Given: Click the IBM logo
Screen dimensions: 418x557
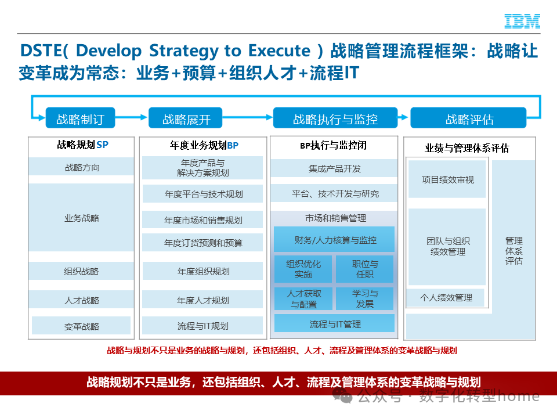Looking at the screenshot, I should pyautogui.click(x=522, y=21).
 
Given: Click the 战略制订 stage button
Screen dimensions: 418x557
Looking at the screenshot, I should pyautogui.click(x=80, y=119).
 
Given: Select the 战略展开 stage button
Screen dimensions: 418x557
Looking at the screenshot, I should pyautogui.click(x=186, y=119).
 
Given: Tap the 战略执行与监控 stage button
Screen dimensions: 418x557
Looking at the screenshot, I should pyautogui.click(x=335, y=119).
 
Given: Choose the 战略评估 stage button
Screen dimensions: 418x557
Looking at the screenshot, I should pyautogui.click(x=469, y=119).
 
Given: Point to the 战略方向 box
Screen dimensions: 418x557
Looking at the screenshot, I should pyautogui.click(x=81, y=167).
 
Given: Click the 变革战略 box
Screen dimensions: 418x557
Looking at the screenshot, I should pyautogui.click(x=81, y=326).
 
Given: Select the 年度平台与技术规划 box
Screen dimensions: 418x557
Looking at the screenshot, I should pyautogui.click(x=202, y=194).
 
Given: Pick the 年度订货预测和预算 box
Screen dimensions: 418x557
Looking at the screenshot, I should pyautogui.click(x=202, y=243).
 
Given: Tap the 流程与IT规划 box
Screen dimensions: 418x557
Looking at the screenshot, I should pyautogui.click(x=202, y=326).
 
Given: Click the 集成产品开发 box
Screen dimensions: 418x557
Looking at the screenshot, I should pyautogui.click(x=334, y=168).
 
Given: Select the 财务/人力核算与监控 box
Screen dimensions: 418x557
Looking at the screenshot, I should pyautogui.click(x=334, y=239).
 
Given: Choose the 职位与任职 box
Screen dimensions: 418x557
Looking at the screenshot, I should pyautogui.click(x=364, y=269).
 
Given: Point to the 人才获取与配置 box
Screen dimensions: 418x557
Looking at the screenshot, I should pyautogui.click(x=303, y=298).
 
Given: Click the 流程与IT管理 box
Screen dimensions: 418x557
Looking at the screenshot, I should pyautogui.click(x=334, y=323).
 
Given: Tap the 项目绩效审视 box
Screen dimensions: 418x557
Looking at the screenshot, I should pyautogui.click(x=447, y=179).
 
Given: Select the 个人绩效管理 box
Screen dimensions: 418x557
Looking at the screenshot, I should pyautogui.click(x=446, y=297).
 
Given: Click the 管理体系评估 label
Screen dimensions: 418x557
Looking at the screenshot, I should pyautogui.click(x=513, y=250).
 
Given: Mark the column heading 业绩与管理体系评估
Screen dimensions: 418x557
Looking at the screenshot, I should pyautogui.click(x=466, y=148).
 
